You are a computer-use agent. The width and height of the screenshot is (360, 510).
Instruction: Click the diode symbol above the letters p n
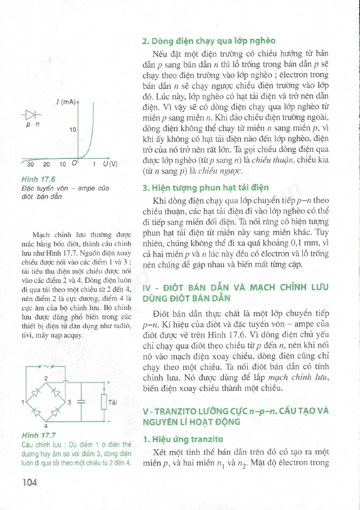[32, 115]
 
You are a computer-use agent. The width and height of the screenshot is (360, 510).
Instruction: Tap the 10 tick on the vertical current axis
[72, 129]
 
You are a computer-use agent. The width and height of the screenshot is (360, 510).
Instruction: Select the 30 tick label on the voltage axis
[31, 164]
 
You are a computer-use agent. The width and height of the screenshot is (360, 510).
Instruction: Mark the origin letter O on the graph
[73, 164]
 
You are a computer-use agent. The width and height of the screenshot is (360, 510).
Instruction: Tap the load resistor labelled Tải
[103, 401]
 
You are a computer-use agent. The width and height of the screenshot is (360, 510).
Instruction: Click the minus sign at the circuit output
[109, 421]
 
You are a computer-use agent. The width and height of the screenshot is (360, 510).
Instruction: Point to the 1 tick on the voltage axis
[93, 164]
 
